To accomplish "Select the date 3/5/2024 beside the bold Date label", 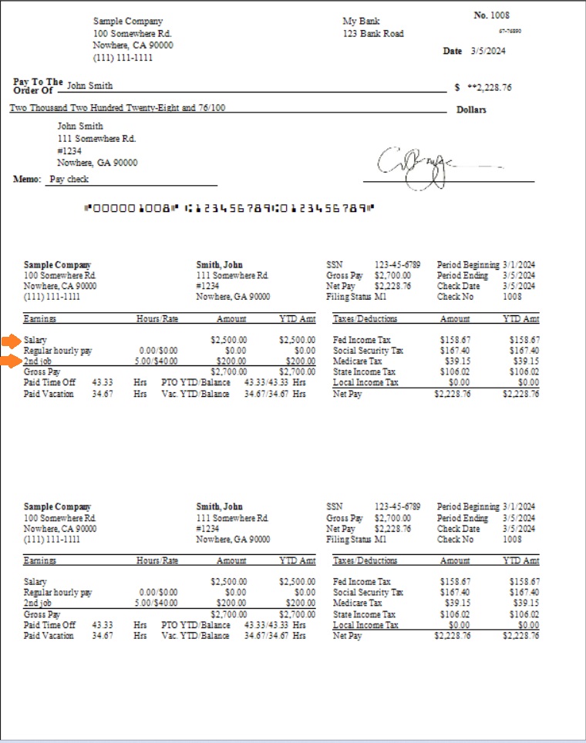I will [488, 51].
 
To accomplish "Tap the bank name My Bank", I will [361, 22].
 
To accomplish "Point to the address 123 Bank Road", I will [373, 34].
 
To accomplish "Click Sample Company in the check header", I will [128, 22].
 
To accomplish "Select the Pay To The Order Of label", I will [38, 86].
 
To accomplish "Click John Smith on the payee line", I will [90, 86].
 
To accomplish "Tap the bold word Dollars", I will [471, 109].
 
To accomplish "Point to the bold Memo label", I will [26, 179].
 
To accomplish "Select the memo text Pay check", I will [69, 179].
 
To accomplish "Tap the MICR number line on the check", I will [230, 208].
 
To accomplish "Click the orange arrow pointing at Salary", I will [10, 340].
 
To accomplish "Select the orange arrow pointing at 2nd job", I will [10, 361].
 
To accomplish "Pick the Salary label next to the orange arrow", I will [35, 340].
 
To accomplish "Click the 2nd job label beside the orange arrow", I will [37, 361].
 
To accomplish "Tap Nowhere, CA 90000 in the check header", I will [133, 45].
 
